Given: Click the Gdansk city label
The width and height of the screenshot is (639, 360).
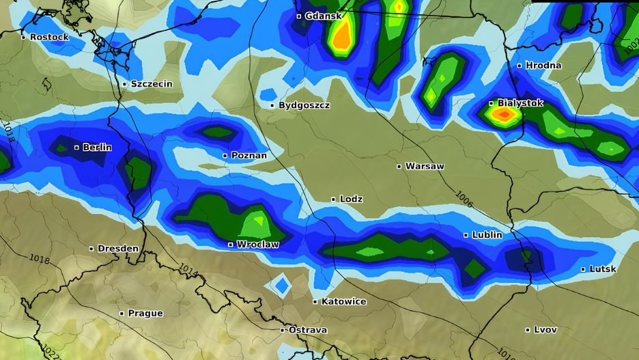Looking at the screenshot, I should point(324,16).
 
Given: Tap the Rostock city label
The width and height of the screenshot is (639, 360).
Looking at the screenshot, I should point(49,37).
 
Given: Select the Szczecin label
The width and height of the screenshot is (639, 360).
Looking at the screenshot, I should point(152,84).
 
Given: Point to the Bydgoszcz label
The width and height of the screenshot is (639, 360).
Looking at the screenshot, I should point(304,105).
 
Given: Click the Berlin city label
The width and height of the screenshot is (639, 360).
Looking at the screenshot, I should point(97,147).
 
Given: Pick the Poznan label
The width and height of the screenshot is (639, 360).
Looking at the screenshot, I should point(248,156).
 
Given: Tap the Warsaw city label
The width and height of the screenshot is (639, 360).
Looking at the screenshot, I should point(425,166).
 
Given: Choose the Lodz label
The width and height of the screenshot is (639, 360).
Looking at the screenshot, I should point(351,199).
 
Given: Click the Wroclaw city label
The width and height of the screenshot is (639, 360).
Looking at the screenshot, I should point(257,244).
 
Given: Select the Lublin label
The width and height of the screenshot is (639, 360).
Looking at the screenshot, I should point(487,235).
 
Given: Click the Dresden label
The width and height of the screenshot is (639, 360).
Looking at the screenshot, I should point(117,249).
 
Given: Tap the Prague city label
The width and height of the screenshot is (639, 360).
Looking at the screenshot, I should point(145,314).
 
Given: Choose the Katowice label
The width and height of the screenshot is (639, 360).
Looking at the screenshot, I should point(343,301).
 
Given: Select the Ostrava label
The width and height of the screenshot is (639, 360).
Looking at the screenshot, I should point(307,330).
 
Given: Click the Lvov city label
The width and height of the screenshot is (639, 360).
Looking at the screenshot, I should point(545,329).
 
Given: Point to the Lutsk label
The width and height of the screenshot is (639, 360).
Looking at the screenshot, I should point(603,269).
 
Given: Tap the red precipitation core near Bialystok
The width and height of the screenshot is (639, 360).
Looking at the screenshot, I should point(504,115).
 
